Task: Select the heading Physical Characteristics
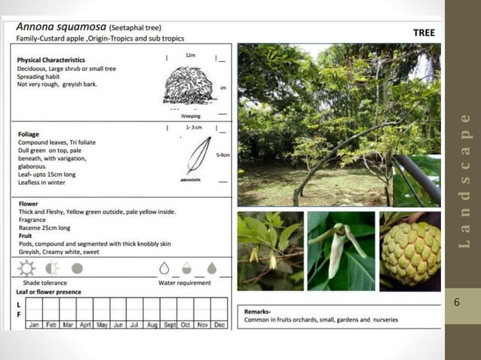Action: tap(51, 59)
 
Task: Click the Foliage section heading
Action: tap(28, 135)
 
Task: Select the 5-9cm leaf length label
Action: tap(223, 155)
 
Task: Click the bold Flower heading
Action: tap(27, 203)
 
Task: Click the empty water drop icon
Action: tap(164, 268)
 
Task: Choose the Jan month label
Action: tap(33, 325)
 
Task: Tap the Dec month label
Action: tap(219, 325)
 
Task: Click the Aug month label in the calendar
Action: tap(152, 325)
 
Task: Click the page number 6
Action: tap(456, 302)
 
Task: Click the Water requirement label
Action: tap(185, 283)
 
